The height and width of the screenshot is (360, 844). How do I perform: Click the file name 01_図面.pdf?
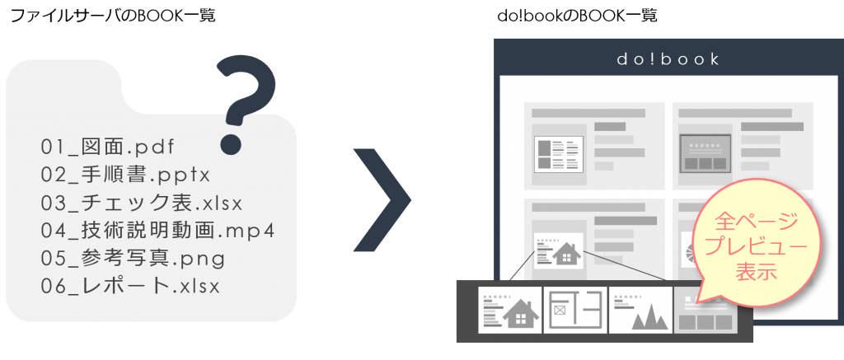107,147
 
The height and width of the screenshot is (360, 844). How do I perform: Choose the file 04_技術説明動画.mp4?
157,231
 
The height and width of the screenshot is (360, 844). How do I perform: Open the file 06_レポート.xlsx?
131,286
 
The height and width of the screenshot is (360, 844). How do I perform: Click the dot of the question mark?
232,145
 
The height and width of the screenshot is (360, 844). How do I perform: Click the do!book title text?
668,59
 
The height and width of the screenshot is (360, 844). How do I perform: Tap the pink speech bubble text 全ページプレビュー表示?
757,245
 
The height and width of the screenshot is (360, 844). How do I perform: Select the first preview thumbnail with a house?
509,311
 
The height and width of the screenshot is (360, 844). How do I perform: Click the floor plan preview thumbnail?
574,311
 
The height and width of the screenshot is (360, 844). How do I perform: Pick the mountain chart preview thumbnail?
640,311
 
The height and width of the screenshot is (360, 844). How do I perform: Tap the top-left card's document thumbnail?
559,152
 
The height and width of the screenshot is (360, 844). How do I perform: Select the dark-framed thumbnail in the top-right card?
706,152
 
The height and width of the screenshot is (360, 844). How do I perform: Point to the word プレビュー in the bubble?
757,245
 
